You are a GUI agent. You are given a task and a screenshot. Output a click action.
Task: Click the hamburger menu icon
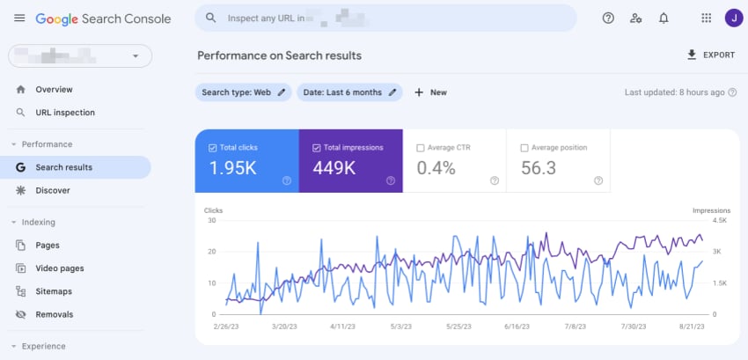(x=19, y=18)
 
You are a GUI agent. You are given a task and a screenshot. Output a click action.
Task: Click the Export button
(x=710, y=55)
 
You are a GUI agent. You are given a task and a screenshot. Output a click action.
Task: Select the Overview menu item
(x=54, y=90)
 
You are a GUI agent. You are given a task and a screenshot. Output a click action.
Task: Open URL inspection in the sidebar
(x=64, y=113)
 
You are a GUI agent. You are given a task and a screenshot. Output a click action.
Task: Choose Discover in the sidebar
(x=52, y=190)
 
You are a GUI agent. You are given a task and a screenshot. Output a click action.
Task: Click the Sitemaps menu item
(x=54, y=291)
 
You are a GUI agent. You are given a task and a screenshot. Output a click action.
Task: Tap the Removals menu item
(x=54, y=314)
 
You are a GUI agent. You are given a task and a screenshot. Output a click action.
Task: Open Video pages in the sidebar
(x=59, y=268)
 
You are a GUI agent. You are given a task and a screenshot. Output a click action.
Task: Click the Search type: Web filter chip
(x=243, y=92)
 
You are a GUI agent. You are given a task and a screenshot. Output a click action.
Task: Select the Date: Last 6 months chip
(x=348, y=92)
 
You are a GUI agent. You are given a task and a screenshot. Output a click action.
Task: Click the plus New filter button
(x=430, y=92)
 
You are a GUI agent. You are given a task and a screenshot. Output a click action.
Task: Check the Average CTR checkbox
(x=421, y=148)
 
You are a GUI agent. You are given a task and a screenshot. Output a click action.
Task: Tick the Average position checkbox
(x=524, y=148)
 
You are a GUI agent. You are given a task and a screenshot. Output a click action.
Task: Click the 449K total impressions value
(x=334, y=167)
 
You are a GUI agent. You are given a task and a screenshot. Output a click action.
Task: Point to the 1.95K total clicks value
(x=233, y=167)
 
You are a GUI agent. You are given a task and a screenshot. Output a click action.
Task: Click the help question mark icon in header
(x=608, y=18)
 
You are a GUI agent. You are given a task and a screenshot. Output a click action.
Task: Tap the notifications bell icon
(x=664, y=18)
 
